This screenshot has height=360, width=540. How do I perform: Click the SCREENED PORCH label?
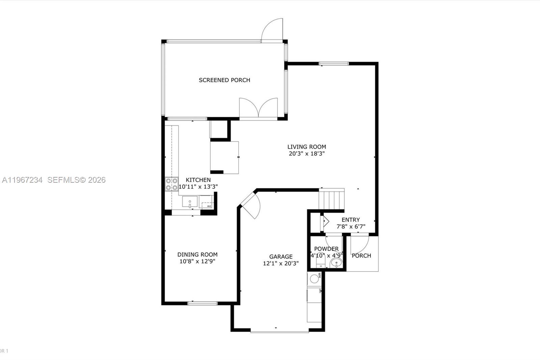point(224,80)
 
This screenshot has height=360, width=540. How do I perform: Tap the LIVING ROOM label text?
point(306,147)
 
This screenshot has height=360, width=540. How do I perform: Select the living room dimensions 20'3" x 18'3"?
point(306,154)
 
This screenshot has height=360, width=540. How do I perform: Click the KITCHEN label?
point(198,180)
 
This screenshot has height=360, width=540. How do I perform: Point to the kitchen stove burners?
point(171,184)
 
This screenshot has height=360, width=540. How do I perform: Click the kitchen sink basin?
point(190,202)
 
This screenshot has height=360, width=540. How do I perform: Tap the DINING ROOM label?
point(197,255)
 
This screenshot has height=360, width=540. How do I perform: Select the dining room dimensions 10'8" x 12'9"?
point(197,261)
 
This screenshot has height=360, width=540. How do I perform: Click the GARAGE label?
point(281,257)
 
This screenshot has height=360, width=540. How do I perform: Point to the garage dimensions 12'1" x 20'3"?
point(281,263)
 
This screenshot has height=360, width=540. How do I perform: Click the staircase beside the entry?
point(331,200)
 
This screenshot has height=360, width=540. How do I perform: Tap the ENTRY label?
point(351,220)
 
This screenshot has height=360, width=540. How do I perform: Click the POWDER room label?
point(326,249)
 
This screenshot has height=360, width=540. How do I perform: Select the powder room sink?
point(336,263)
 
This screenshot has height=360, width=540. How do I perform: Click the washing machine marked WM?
point(315,279)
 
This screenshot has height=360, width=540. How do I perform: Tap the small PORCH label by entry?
point(361,256)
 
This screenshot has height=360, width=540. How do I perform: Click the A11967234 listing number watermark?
point(22,180)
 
